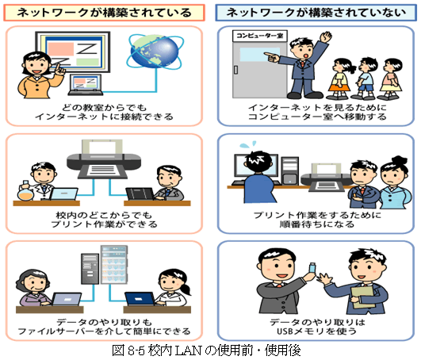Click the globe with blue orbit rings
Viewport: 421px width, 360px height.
[x=155, y=52]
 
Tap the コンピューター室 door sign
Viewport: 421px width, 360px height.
[x=259, y=36]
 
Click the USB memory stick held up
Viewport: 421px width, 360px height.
[x=312, y=268]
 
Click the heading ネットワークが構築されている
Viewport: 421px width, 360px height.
[x=104, y=13]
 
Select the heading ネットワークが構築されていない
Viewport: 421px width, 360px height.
[x=316, y=13]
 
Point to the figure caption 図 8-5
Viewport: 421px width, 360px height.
[x=206, y=350]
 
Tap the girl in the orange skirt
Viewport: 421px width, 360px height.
[x=339, y=79]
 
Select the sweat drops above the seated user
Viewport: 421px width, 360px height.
[x=248, y=145]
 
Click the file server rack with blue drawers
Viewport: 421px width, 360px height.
[x=114, y=265]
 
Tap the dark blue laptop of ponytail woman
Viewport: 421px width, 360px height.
[x=140, y=299]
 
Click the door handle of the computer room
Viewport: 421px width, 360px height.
[x=235, y=70]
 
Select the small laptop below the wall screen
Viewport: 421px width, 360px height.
[x=86, y=85]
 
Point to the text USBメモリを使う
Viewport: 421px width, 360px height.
[x=317, y=331]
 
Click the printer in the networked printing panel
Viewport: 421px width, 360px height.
[x=104, y=159]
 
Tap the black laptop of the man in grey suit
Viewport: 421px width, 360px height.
[x=140, y=193]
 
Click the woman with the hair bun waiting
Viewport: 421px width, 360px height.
[x=395, y=182]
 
